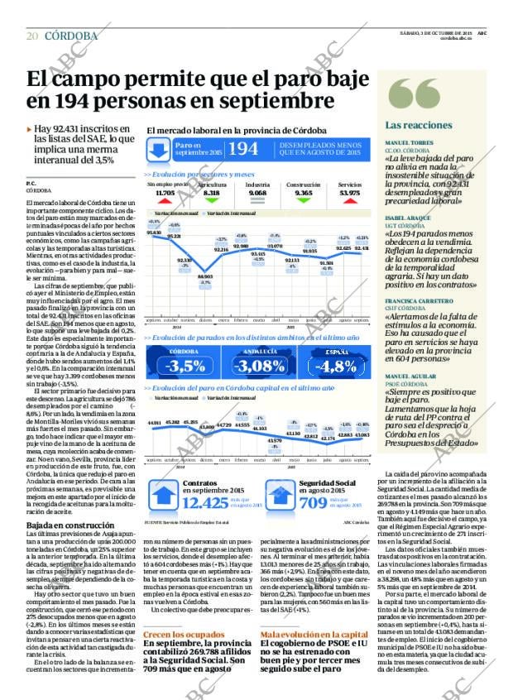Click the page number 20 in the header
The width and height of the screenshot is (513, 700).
pyautogui.click(x=32, y=36)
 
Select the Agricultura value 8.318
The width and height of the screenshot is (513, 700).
pyautogui.click(x=212, y=193)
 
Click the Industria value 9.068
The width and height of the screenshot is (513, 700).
pyautogui.click(x=257, y=193)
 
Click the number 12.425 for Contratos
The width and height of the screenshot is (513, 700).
pyautogui.click(x=204, y=502)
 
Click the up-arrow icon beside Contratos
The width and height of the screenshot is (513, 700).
pyautogui.click(x=162, y=492)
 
